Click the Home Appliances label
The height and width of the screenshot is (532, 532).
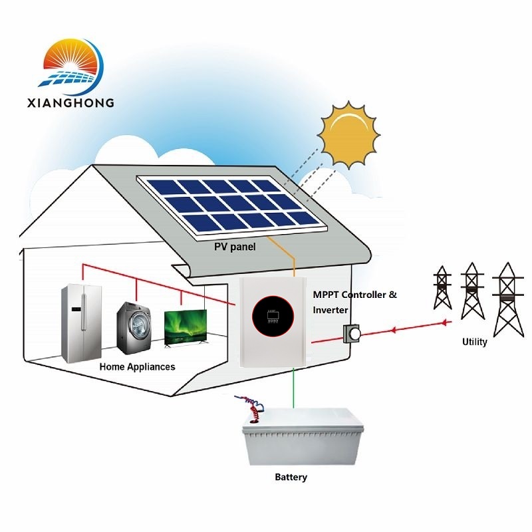tap(137, 366)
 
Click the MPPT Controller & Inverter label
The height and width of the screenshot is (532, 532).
tap(354, 301)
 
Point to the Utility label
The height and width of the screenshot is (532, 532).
tap(475, 342)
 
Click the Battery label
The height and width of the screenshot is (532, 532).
tap(291, 477)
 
